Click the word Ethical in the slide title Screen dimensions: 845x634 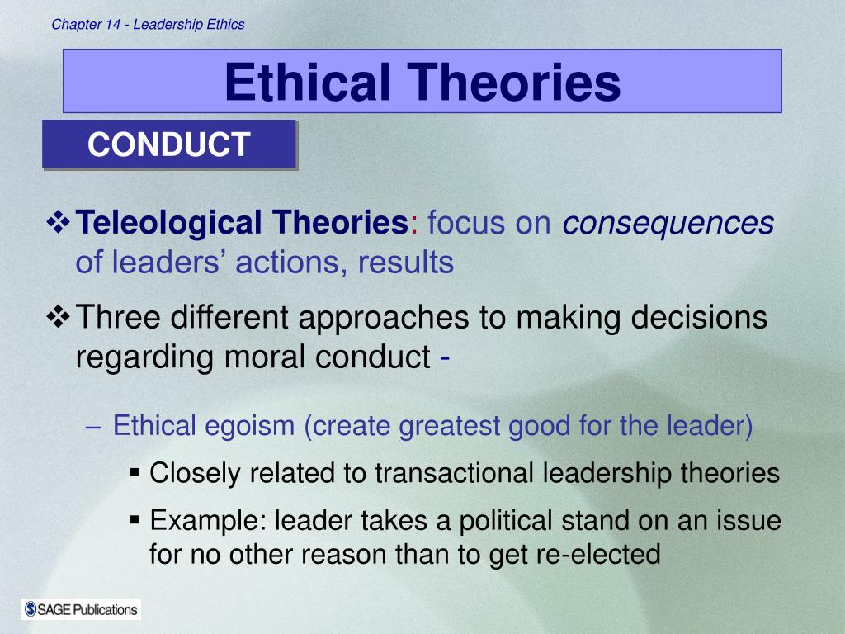pos(307,82)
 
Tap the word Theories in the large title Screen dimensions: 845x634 pos(513,82)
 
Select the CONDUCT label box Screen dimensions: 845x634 pos(169,144)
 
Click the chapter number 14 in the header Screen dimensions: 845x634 pos(113,24)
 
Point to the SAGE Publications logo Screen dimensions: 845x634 pos(81,609)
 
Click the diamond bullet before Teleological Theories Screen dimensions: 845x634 pos(59,222)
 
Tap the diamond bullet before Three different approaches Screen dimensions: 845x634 pos(59,316)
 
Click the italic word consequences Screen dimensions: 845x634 pos(668,223)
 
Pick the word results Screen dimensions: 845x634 pos(406,262)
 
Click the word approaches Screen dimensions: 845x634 pos(384,317)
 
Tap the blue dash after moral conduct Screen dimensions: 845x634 pos(445,358)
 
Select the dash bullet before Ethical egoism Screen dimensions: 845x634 pos(93,427)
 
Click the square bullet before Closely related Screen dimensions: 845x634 pos(135,473)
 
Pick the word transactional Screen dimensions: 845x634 pos(455,473)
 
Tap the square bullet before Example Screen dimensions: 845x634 pos(135,520)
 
